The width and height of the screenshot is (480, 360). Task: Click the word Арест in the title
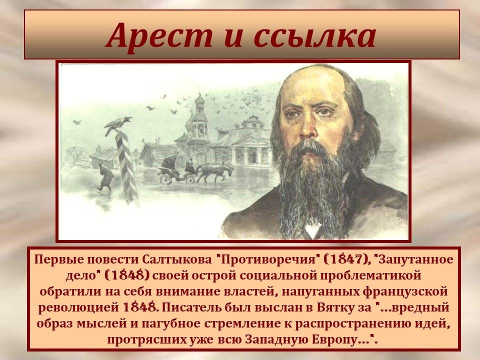tap(159, 36)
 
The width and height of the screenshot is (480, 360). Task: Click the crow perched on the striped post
tap(117, 125)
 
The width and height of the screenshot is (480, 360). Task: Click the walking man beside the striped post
tap(105, 177)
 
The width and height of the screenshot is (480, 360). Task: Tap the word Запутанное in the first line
tap(416, 260)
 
